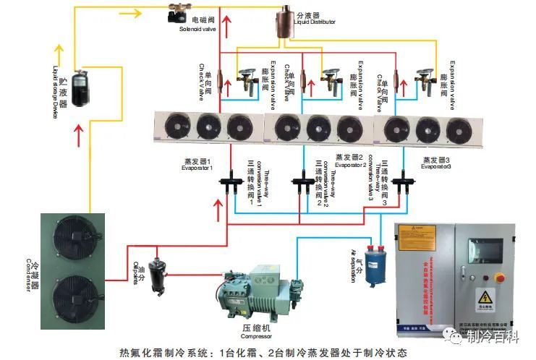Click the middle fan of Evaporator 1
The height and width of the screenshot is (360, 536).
[208, 127]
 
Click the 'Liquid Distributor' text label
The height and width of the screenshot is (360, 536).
[315, 22]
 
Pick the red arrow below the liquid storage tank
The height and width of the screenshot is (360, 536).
[78, 132]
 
